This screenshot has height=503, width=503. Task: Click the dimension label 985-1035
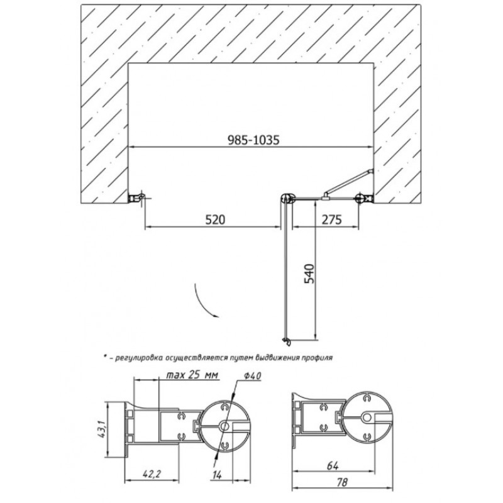click(x=253, y=140)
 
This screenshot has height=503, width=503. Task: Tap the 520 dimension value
click(x=215, y=219)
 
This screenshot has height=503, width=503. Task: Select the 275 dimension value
click(x=332, y=219)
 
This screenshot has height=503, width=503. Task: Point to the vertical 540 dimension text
click(x=309, y=274)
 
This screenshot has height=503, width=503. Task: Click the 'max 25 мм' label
click(x=192, y=375)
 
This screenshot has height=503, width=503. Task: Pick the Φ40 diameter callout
click(x=253, y=375)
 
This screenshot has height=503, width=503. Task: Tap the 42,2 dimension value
click(x=152, y=474)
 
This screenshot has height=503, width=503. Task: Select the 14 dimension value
click(x=217, y=475)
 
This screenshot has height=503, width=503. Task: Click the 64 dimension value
click(x=333, y=465)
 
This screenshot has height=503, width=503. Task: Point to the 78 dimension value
click(x=342, y=482)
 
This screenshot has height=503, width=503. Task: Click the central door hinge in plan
click(x=287, y=198)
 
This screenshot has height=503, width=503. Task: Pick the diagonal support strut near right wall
click(x=348, y=181)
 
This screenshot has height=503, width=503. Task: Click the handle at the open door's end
click(x=286, y=342)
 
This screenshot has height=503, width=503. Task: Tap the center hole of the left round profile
click(x=224, y=426)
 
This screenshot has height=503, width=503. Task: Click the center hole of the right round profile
click(x=367, y=417)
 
